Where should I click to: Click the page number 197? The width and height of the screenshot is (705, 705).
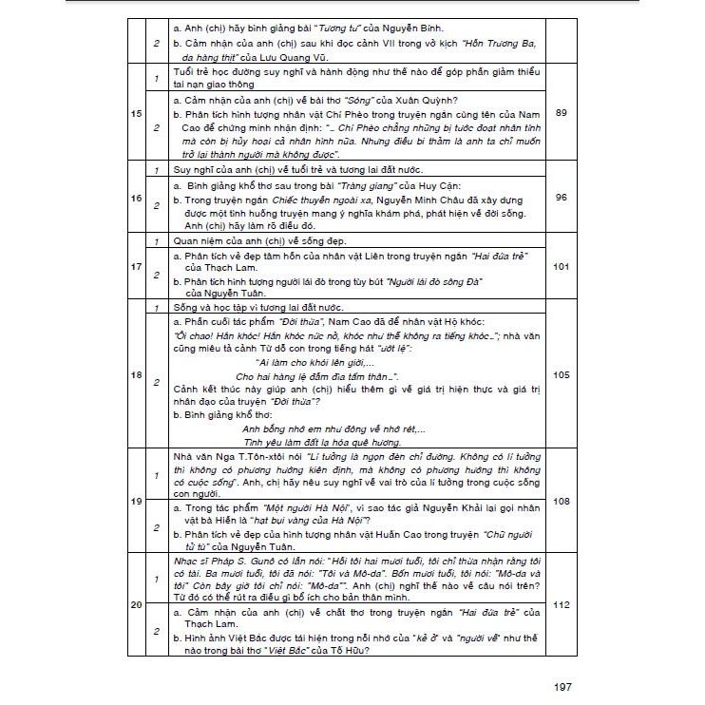(x=562, y=687)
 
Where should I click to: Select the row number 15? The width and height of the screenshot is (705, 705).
(x=136, y=114)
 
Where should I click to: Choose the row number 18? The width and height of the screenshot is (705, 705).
(x=136, y=375)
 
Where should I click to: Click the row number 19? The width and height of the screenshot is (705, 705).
(x=136, y=500)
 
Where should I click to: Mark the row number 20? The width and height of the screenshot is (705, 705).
(x=136, y=605)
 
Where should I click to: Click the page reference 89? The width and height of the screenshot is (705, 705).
(x=561, y=114)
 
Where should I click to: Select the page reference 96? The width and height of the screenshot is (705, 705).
(x=561, y=198)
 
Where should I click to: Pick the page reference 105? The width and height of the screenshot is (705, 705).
(x=561, y=375)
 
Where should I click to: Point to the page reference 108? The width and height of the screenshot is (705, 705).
(x=561, y=500)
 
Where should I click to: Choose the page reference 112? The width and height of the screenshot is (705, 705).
(x=561, y=605)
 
